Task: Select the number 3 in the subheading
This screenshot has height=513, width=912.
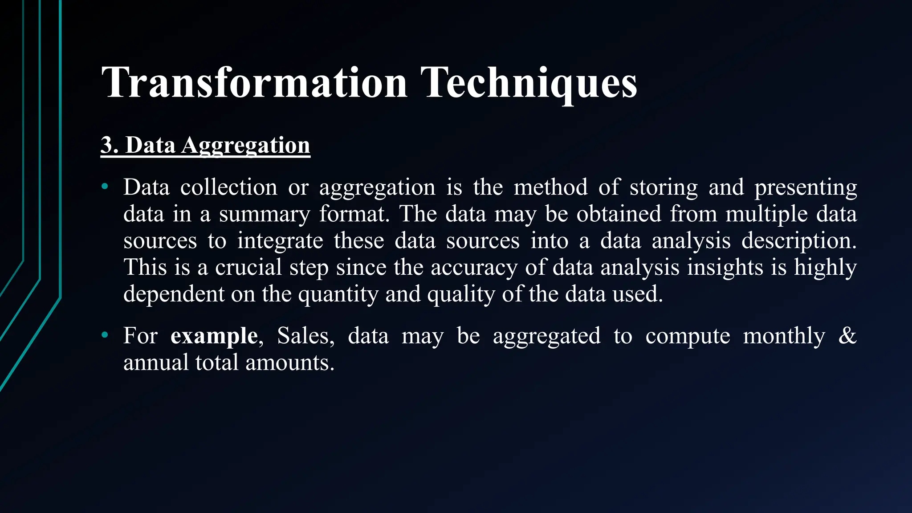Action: coord(107,145)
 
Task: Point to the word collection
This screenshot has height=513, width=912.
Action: coord(228,187)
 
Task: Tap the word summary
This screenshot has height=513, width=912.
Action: coord(264,215)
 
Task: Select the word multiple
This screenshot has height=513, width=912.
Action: coord(766,214)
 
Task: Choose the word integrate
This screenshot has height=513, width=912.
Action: coord(280,241)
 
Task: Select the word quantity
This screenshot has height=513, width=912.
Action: coord(338,295)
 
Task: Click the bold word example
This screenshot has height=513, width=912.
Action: coord(214,336)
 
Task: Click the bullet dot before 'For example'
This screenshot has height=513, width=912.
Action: coord(105,334)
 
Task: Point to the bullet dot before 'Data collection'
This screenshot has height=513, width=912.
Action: coord(105,186)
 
